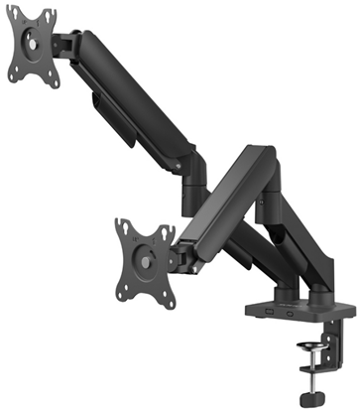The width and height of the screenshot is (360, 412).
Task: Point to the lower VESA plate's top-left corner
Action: [119, 221]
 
